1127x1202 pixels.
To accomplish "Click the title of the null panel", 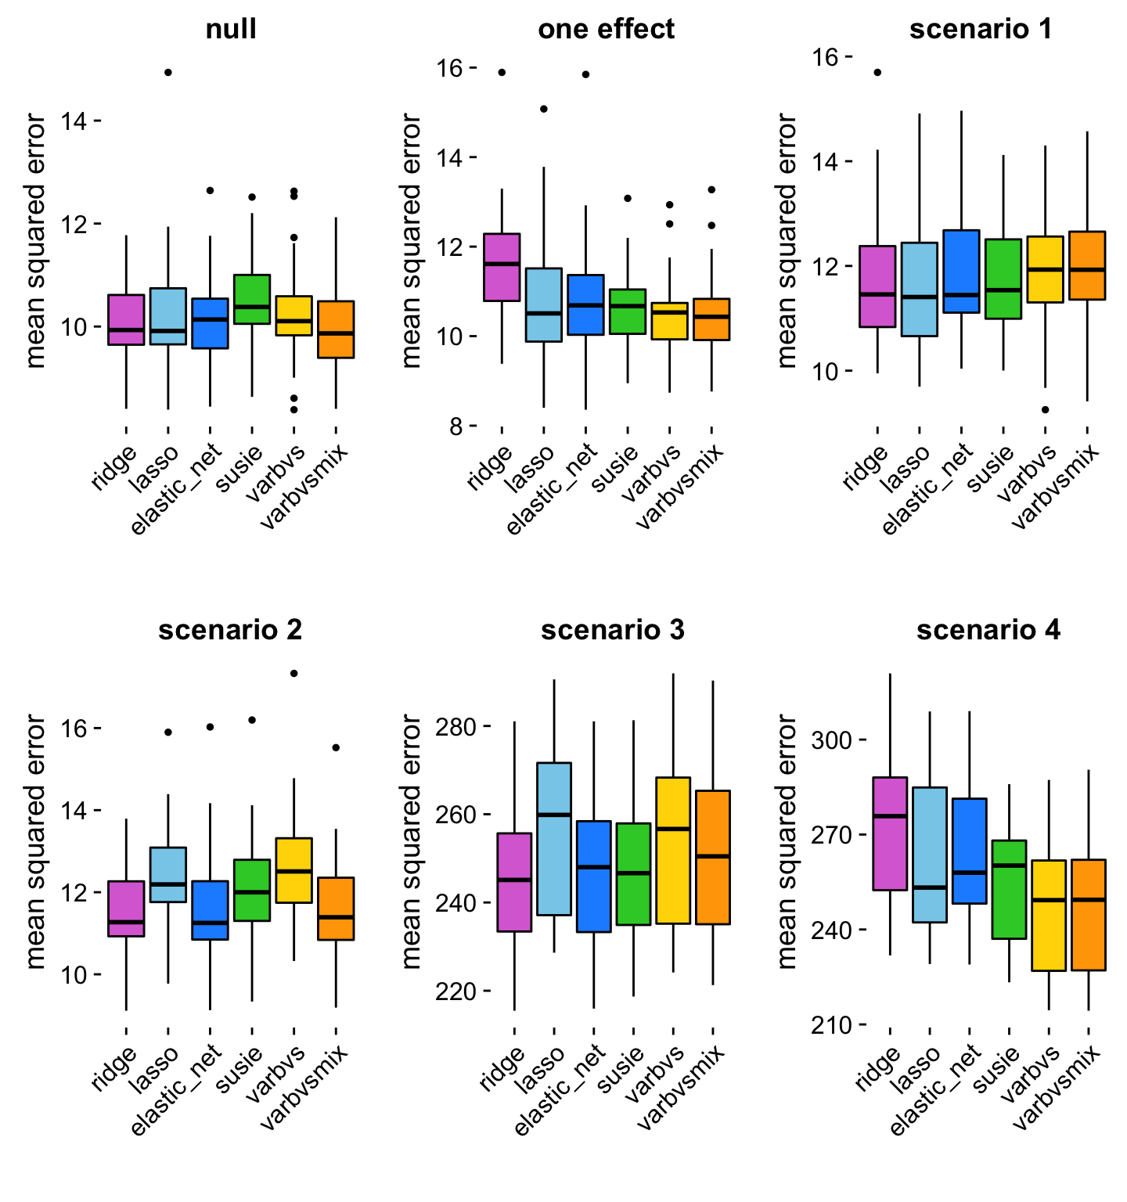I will point(231,30).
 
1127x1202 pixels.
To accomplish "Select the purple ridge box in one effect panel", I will point(502,267).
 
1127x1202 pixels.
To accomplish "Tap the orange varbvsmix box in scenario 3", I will point(713,858).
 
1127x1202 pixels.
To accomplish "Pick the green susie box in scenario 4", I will point(1009,889).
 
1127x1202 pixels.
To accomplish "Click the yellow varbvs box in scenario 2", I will point(293,870).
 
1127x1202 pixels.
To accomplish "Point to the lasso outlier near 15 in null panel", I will point(167,73).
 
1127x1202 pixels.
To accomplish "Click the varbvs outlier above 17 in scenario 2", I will point(293,673).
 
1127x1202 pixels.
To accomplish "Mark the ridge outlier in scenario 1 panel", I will point(877,73).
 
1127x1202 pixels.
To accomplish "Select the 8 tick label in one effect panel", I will point(456,426).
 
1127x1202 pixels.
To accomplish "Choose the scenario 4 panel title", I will point(988,630).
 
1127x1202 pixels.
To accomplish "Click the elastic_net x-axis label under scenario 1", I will point(928,490).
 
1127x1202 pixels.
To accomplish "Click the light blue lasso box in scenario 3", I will point(554,839).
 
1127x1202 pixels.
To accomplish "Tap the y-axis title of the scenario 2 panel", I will point(36,841).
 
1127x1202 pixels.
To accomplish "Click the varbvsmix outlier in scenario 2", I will point(336,747).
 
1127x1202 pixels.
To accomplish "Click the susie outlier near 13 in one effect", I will point(628,198).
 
